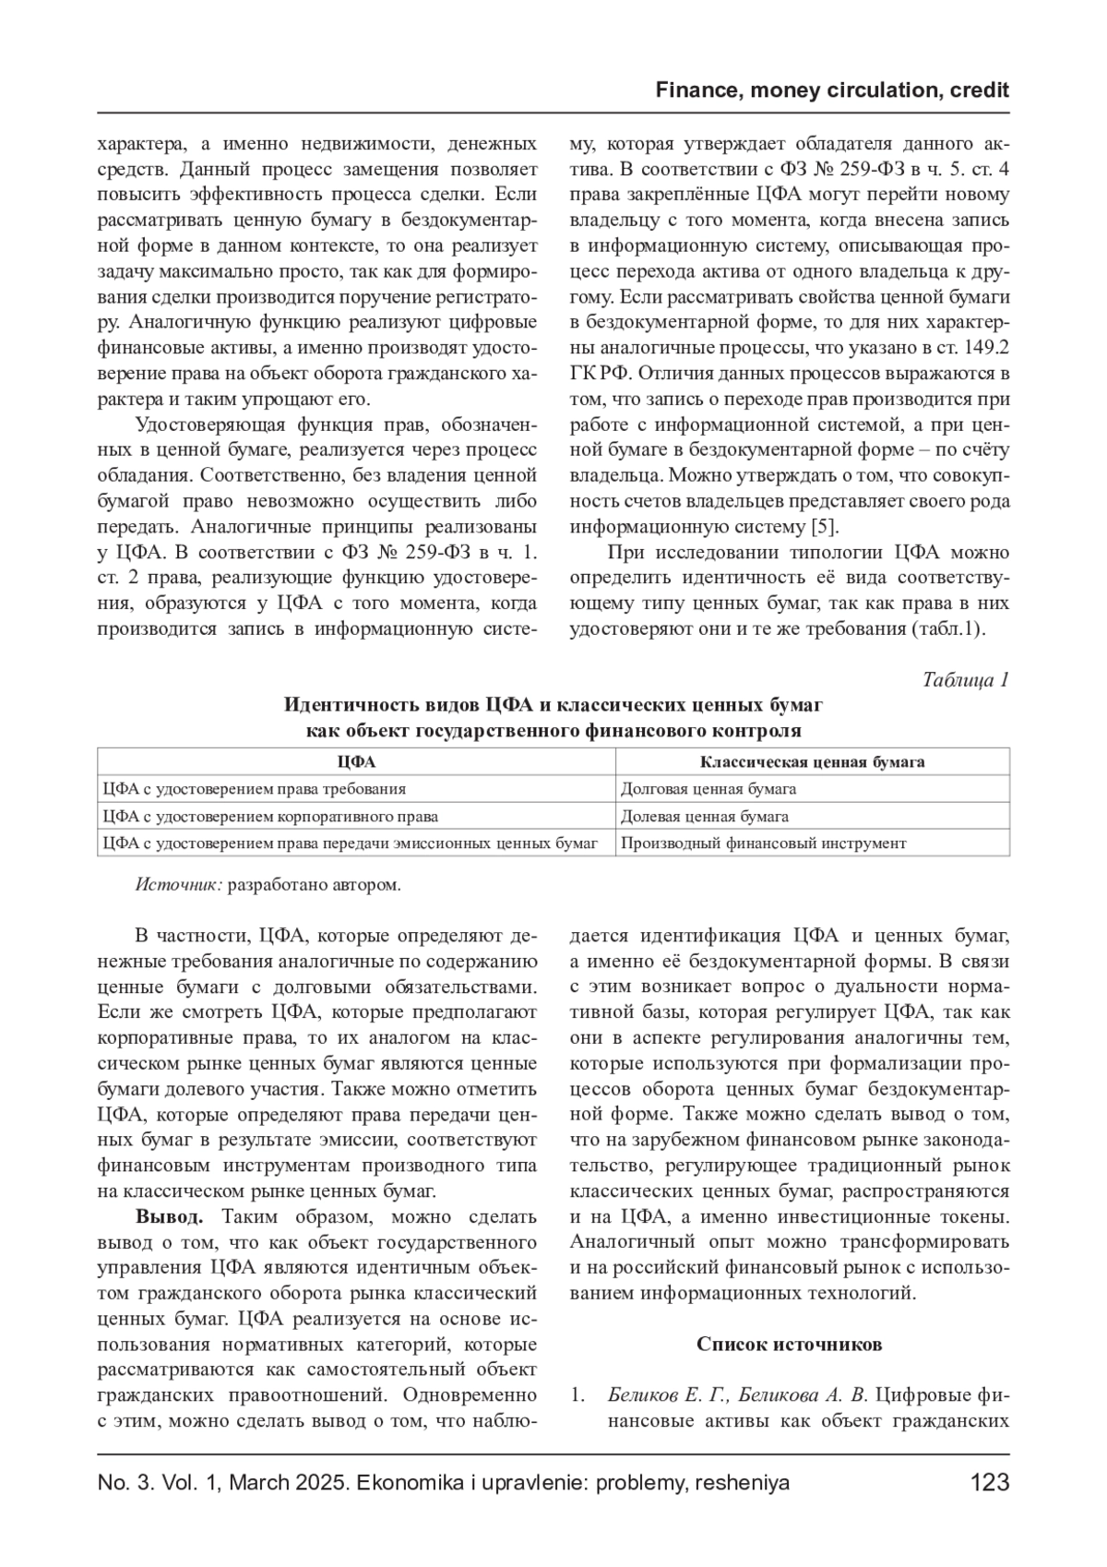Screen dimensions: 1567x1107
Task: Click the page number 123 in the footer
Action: [990, 1484]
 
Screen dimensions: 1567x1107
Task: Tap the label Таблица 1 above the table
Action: [966, 680]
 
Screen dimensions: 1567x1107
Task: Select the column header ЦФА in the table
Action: [356, 762]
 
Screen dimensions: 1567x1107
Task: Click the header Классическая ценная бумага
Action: [812, 762]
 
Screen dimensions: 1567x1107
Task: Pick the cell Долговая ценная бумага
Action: [708, 789]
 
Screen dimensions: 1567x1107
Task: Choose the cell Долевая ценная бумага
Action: [705, 817]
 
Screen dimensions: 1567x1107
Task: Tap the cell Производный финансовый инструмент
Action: [763, 843]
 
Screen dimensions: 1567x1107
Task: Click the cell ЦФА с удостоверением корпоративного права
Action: [271, 817]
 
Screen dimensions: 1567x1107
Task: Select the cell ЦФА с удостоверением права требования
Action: [255, 789]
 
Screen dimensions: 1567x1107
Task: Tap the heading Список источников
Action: [789, 1344]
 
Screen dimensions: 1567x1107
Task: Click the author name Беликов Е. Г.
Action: [666, 1395]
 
